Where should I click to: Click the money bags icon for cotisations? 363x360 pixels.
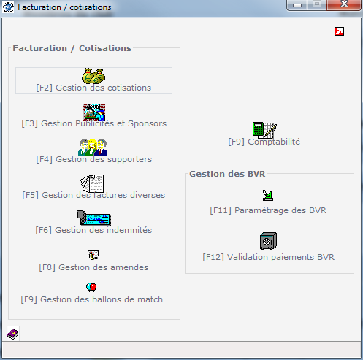93,76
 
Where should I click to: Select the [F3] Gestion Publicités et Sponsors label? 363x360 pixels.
94,123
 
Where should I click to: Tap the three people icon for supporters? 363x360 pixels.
93,148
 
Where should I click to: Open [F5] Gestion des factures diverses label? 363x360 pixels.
93,195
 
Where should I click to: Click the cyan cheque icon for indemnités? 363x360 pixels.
94,218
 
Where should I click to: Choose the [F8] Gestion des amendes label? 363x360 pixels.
93,267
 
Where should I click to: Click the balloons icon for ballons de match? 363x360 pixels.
91,287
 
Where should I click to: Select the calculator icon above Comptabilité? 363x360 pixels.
264,130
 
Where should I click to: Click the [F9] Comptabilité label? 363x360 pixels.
264,142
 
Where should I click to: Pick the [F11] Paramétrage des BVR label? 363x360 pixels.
268,210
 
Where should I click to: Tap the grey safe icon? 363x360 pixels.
268,241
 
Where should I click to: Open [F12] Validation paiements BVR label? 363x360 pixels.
269,257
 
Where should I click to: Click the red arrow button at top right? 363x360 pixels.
339,31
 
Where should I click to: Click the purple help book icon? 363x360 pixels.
13,334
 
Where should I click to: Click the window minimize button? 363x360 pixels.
297,5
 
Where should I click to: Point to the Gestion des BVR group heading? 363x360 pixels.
227,174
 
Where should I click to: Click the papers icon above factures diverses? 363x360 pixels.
92,184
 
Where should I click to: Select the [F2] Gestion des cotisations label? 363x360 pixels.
93,88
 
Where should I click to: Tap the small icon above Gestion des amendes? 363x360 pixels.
93,255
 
